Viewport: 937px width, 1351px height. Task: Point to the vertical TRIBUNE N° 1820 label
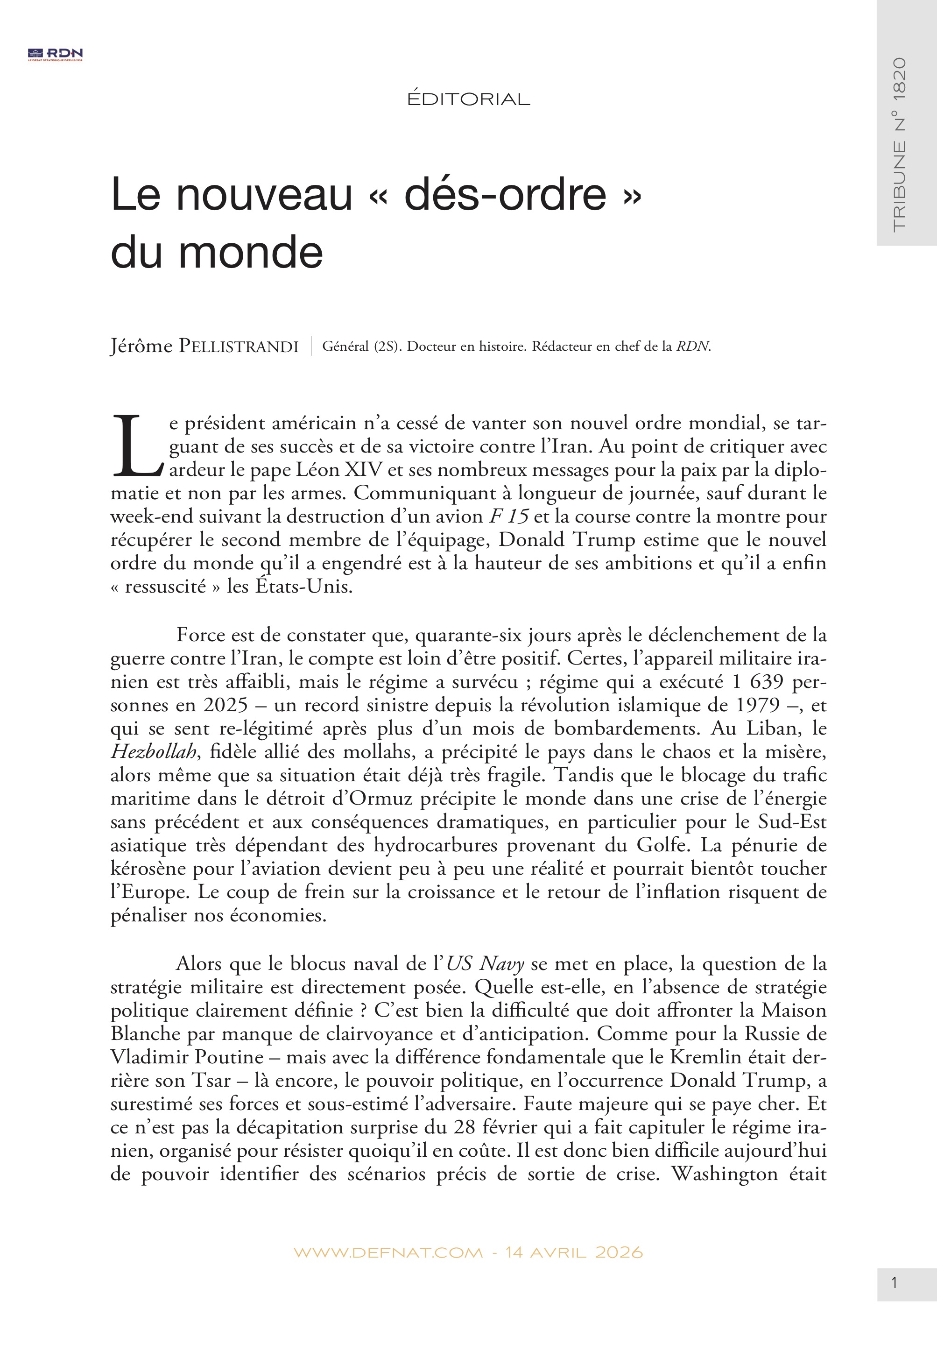pos(899,144)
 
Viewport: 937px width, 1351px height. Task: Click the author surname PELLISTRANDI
pos(239,347)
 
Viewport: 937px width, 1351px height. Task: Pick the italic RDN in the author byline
pos(693,347)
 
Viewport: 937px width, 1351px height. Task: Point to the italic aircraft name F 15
pos(509,516)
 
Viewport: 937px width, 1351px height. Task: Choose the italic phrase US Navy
pos(485,963)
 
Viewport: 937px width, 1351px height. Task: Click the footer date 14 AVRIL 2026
pos(574,1252)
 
